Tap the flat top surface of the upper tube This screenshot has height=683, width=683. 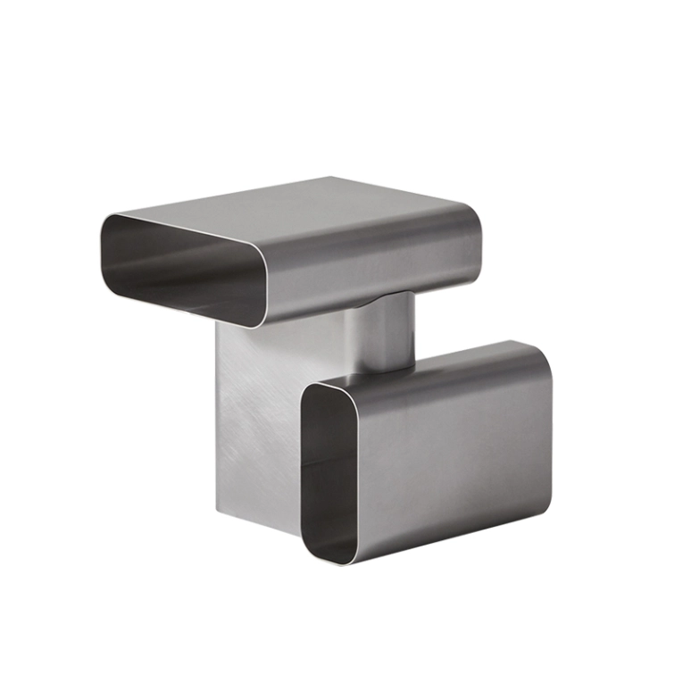point(295,201)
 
